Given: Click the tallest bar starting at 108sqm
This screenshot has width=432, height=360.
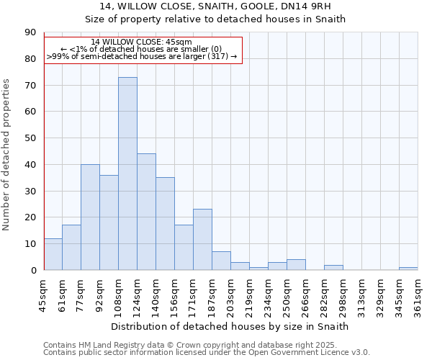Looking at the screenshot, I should coord(127,174).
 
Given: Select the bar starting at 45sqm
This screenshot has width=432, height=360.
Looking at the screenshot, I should coord(53,254).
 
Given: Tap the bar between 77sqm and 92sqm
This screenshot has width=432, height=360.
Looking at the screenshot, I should coord(90,217).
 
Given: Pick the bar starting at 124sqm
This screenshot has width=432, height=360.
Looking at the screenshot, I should coord(146,212).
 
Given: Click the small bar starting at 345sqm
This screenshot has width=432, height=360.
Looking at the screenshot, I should coord(408,269).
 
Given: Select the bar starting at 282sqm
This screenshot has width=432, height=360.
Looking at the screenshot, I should coord(333,267).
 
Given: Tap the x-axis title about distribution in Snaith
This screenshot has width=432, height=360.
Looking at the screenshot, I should coord(230,326).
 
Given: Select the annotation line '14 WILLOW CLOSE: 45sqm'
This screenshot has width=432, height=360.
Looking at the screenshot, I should coord(142,42).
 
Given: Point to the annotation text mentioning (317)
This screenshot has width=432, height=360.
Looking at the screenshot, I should coord(142,55).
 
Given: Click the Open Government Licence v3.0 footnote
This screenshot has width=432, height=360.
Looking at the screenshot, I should coord(207,352).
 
